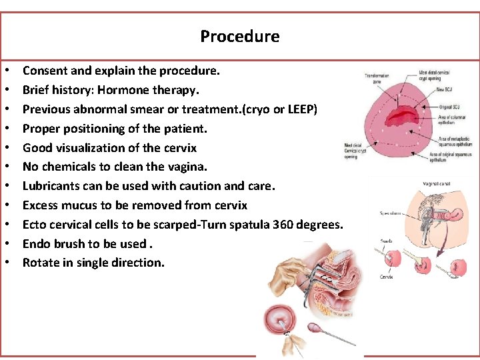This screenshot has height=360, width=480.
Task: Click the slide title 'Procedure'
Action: (x=240, y=36)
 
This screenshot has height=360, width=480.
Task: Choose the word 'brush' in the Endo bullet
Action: (x=70, y=244)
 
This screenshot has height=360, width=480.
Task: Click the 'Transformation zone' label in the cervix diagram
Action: (x=377, y=78)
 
